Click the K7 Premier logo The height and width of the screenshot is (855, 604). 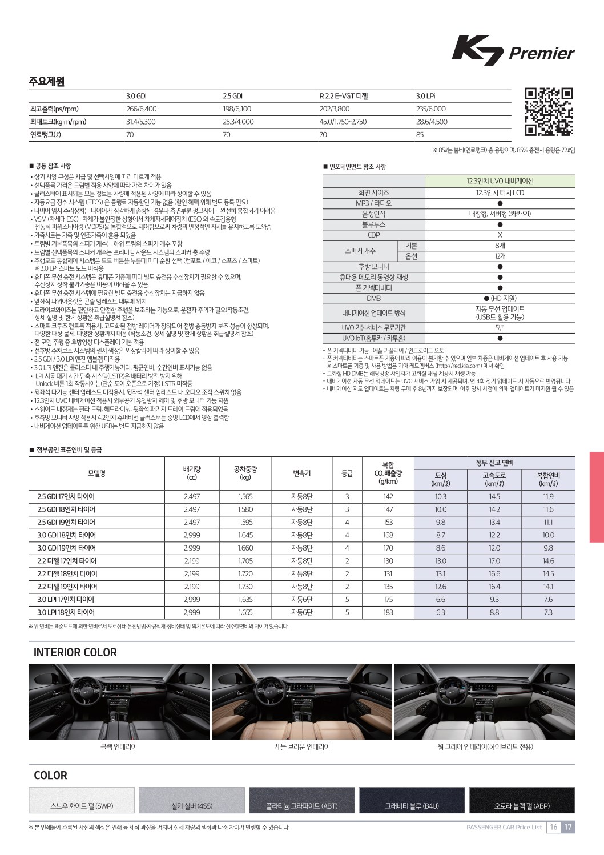(513, 51)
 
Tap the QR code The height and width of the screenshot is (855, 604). (549, 111)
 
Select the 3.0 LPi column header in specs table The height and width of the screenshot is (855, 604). (425, 96)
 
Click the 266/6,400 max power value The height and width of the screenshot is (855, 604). (141, 109)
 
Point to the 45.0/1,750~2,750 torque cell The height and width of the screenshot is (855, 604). (343, 122)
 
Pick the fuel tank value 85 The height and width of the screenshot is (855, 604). (420, 135)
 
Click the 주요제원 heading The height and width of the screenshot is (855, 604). (47, 81)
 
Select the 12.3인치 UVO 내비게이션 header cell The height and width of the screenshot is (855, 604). (500, 181)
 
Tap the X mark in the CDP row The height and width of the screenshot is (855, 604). (500, 235)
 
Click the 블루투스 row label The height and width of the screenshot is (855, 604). (373, 224)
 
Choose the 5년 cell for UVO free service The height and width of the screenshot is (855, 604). (500, 328)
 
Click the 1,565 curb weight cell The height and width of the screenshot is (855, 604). (245, 497)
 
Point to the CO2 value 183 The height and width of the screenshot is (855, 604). (388, 612)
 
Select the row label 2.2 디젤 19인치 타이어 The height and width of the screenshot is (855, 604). (67, 587)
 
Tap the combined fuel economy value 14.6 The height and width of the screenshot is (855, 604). (548, 561)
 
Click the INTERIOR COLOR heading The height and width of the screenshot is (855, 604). (75, 652)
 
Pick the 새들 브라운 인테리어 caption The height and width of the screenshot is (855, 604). (302, 746)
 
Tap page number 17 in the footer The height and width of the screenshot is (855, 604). (568, 827)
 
